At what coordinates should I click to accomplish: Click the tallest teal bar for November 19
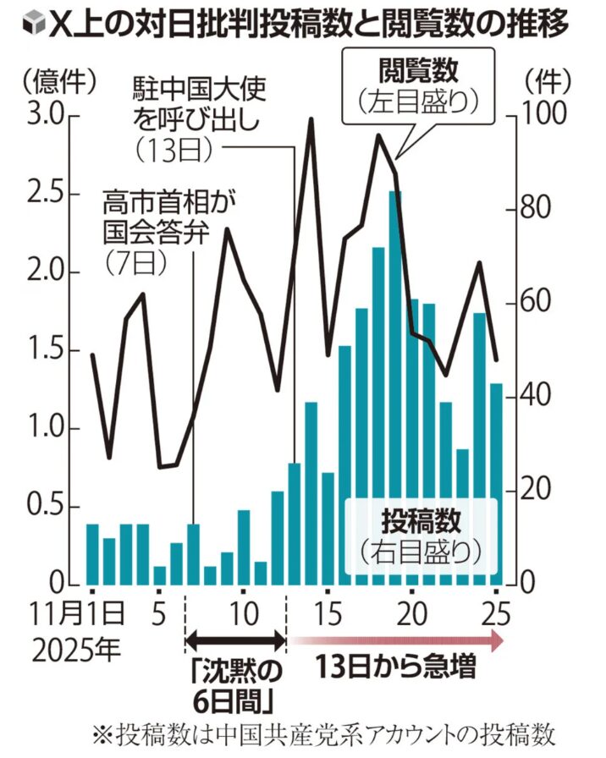(395, 389)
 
